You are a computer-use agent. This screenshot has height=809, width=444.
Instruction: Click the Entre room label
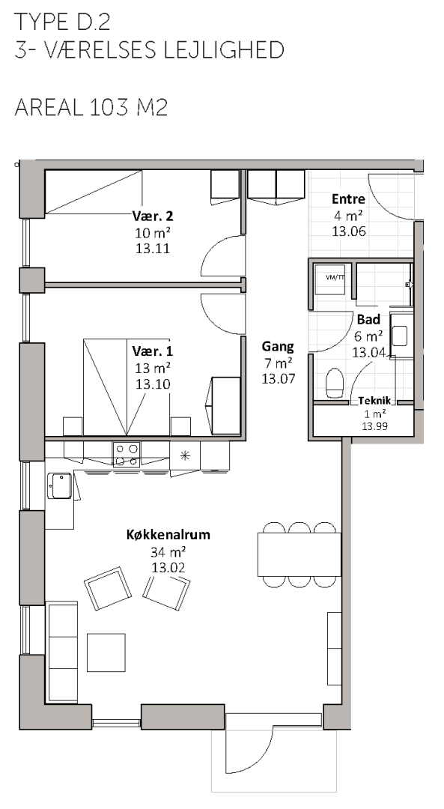(x=348, y=199)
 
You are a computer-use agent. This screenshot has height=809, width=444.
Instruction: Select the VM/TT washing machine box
(x=330, y=279)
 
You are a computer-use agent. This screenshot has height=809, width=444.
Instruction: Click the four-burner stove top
(x=127, y=455)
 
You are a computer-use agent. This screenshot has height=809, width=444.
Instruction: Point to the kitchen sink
(x=59, y=485)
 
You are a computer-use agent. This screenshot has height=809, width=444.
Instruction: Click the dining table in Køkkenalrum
(x=299, y=554)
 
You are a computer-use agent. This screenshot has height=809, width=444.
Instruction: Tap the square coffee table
(x=106, y=652)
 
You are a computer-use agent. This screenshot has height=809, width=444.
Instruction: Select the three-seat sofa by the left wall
(x=61, y=652)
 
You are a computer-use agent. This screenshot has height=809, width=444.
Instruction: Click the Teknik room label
(x=377, y=401)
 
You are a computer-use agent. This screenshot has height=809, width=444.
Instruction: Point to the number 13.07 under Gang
(x=279, y=379)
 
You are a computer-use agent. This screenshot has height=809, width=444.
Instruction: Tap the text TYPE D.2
(x=62, y=22)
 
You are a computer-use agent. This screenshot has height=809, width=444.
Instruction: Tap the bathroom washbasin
(x=400, y=336)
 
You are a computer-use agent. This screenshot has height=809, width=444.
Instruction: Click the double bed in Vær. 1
(x=127, y=387)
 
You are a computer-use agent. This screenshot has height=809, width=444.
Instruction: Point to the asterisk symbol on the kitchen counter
(x=185, y=455)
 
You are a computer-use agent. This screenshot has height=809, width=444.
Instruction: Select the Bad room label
(x=368, y=320)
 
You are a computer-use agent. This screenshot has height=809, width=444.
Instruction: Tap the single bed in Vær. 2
(x=94, y=192)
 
